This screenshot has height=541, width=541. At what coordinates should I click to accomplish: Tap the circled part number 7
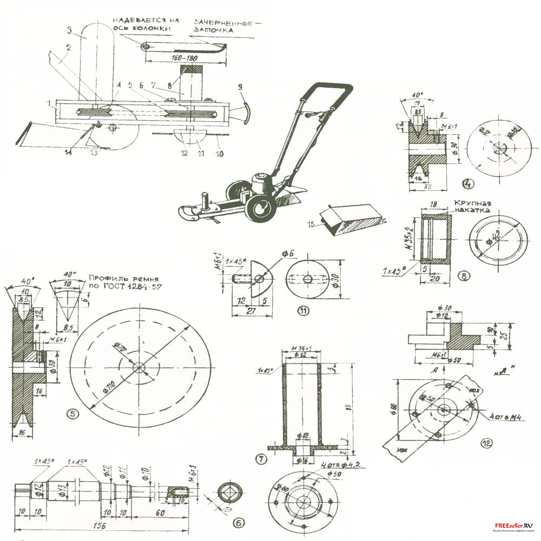262,459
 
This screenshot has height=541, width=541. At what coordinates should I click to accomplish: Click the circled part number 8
464,275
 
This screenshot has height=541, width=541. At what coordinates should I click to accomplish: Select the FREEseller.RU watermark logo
513,525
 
